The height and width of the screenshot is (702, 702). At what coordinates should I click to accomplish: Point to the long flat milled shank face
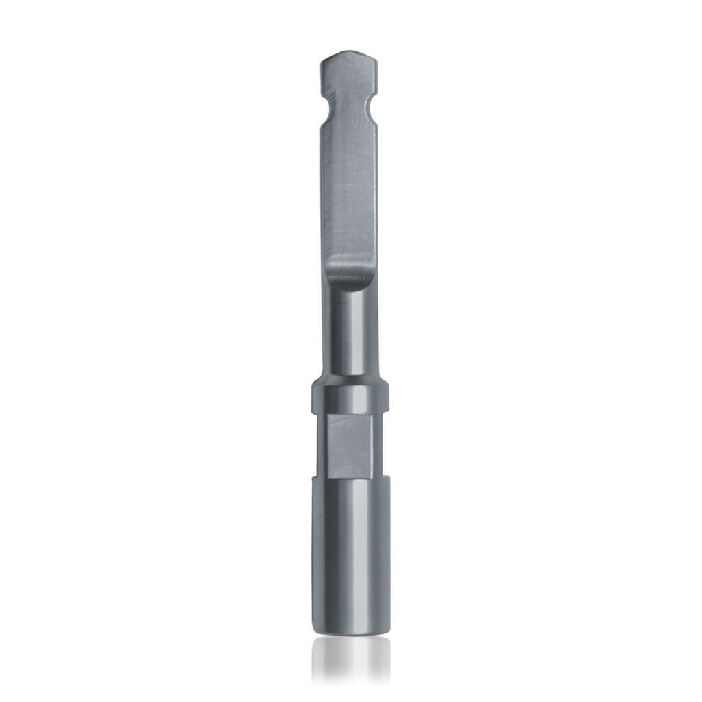(x=350, y=192)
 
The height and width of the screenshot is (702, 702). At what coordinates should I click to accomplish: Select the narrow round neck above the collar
(x=350, y=336)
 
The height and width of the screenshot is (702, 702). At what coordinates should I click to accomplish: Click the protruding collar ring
(x=350, y=397)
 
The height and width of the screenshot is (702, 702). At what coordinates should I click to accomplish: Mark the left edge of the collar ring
(x=313, y=397)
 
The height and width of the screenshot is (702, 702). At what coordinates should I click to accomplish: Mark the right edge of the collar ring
(x=389, y=397)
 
